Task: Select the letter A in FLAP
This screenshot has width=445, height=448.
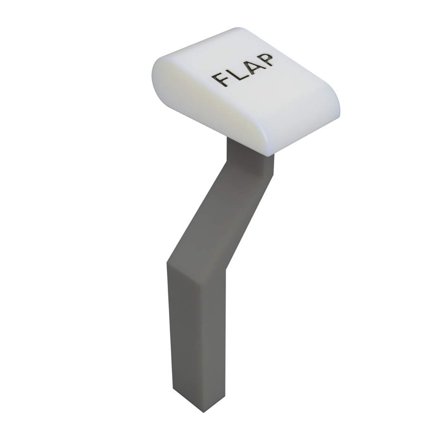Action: coord(251,66)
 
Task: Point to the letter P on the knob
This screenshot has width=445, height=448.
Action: coord(266,60)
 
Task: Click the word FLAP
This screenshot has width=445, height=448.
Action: coord(243,69)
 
